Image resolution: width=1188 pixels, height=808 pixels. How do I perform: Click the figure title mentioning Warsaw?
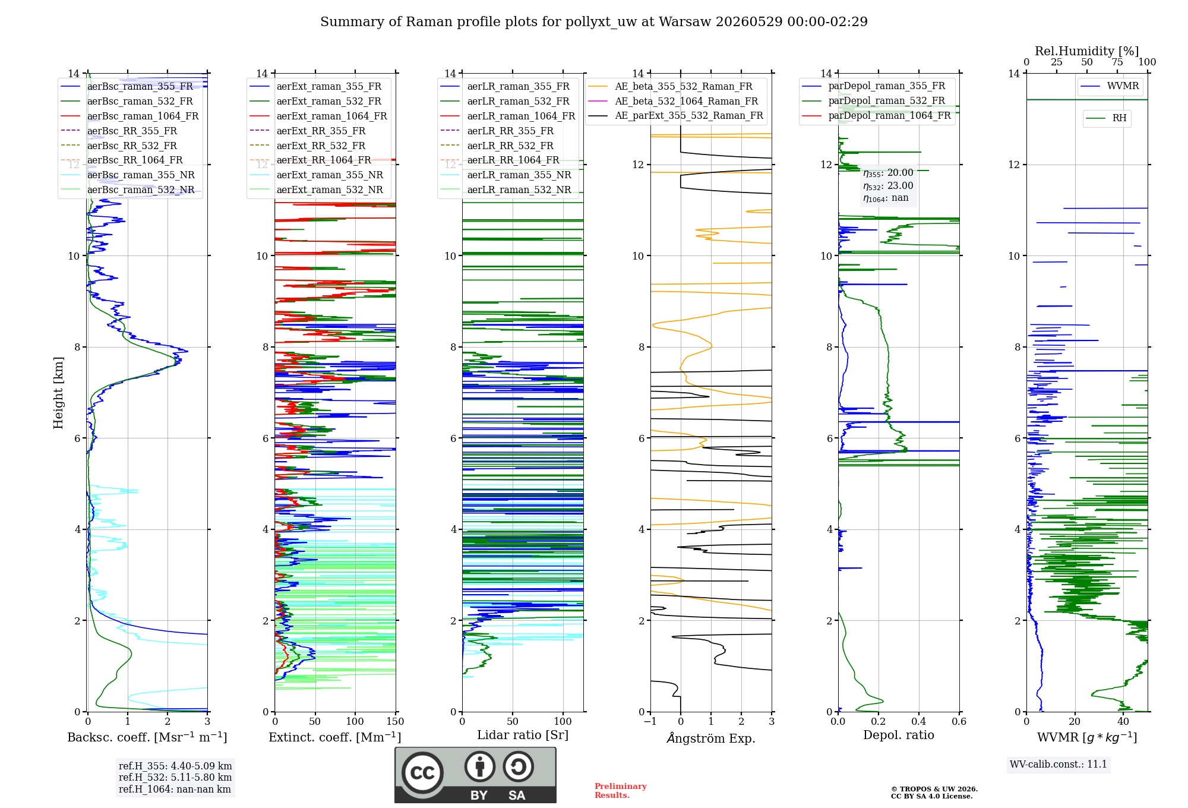(594, 22)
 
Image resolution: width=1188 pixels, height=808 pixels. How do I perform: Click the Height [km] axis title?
(58, 393)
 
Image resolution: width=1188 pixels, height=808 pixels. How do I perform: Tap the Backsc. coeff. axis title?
(147, 737)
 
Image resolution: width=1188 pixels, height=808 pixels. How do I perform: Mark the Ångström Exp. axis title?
(711, 738)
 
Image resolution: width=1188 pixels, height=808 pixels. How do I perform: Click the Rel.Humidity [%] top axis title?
(1087, 51)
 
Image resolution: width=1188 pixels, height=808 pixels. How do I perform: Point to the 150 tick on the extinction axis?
(395, 721)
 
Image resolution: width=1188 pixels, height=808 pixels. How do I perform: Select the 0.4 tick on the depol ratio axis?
(919, 721)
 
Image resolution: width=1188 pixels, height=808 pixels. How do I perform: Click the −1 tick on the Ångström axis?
(650, 721)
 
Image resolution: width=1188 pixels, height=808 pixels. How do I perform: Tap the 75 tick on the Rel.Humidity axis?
(1117, 62)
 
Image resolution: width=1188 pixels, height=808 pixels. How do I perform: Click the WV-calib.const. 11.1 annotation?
(1059, 764)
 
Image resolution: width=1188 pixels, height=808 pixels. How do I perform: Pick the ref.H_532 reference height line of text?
(175, 777)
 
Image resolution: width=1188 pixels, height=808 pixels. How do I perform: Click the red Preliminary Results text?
(621, 791)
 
